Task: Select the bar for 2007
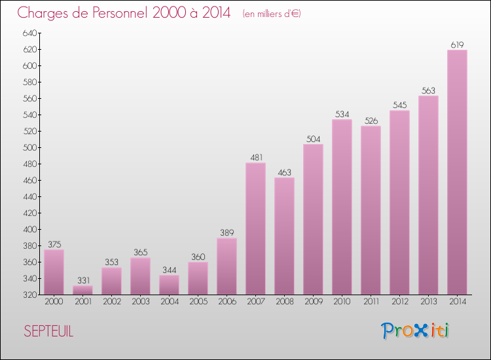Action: pyautogui.click(x=255, y=228)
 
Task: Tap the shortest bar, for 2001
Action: pyautogui.click(x=82, y=290)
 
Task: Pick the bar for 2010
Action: pyautogui.click(x=342, y=207)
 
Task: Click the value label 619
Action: pyautogui.click(x=457, y=45)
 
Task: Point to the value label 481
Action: pyautogui.click(x=255, y=157)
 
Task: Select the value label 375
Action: pyautogui.click(x=54, y=244)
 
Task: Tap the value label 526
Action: pyautogui.click(x=371, y=120)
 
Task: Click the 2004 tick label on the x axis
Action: pyautogui.click(x=169, y=302)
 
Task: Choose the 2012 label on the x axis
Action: pyautogui.click(x=399, y=302)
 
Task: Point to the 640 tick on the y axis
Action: pyautogui.click(x=29, y=33)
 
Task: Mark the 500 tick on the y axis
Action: pyautogui.click(x=29, y=147)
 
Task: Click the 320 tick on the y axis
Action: pyautogui.click(x=29, y=295)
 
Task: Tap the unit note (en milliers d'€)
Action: pyautogui.click(x=271, y=14)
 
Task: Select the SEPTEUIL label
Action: pyautogui.click(x=48, y=331)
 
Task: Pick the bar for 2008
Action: pyautogui.click(x=284, y=236)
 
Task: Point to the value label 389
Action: pyautogui.click(x=227, y=232)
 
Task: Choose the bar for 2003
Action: pyautogui.click(x=140, y=276)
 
